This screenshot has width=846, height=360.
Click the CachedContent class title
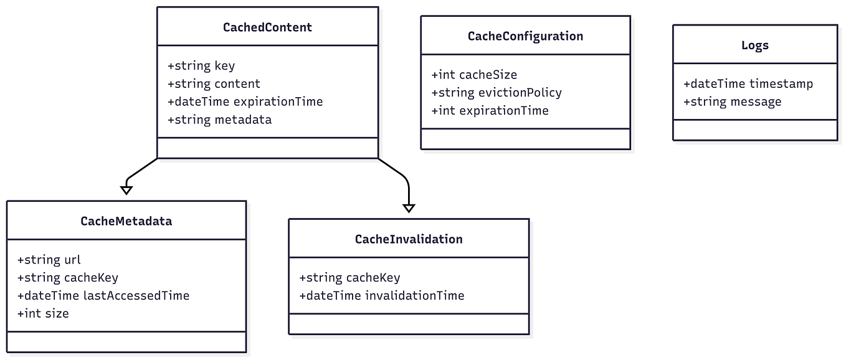(x=267, y=27)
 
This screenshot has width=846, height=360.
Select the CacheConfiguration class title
(x=525, y=36)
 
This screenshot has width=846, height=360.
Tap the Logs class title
(x=754, y=45)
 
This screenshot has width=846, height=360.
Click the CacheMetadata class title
(x=126, y=221)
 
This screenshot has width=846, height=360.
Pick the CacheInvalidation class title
(x=408, y=239)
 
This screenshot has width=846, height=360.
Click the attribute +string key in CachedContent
(x=201, y=66)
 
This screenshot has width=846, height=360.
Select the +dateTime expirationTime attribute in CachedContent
(x=245, y=102)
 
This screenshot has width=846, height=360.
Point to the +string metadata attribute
(x=219, y=120)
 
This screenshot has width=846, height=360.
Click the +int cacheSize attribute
(x=473, y=75)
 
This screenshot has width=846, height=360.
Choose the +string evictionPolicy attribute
(x=496, y=93)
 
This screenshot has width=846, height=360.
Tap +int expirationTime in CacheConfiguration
(x=490, y=111)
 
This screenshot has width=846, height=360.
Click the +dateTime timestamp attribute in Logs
(x=748, y=84)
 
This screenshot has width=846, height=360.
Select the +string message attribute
(x=732, y=102)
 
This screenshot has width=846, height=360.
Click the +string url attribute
(x=49, y=260)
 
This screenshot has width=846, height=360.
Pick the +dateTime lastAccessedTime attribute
(x=103, y=296)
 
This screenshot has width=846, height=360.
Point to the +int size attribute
(x=42, y=314)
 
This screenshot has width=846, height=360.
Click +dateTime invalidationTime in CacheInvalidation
(x=381, y=296)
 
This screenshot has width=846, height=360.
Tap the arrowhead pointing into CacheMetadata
(x=126, y=190)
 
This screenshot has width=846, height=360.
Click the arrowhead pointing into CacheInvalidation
(x=408, y=208)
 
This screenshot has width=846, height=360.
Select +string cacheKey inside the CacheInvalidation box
(x=349, y=278)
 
